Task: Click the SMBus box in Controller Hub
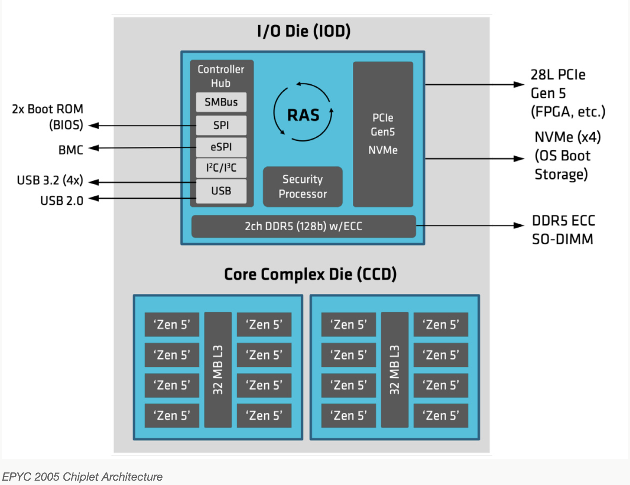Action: (x=221, y=102)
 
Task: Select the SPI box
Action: (x=221, y=125)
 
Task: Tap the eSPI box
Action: (x=221, y=147)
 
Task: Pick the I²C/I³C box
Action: (x=221, y=168)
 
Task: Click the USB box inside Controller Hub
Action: (x=221, y=191)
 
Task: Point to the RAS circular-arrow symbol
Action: (x=303, y=112)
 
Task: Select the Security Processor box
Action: (x=303, y=186)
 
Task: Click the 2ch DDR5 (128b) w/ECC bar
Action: (x=303, y=226)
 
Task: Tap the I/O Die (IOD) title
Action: (x=304, y=31)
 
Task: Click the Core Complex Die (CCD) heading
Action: (x=310, y=274)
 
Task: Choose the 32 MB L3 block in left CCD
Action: (x=218, y=369)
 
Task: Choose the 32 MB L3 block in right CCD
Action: (x=395, y=369)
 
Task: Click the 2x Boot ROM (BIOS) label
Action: (x=48, y=117)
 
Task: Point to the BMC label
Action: (x=71, y=150)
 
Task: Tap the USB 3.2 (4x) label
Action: (x=50, y=180)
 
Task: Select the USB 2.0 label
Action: (x=62, y=201)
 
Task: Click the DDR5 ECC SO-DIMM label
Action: (x=563, y=230)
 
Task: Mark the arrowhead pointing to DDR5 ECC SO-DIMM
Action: (x=519, y=226)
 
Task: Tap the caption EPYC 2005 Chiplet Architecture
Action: (x=83, y=477)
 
